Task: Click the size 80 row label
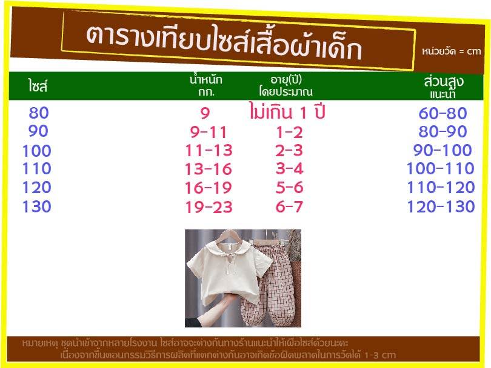(x=39, y=113)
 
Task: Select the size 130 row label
(x=37, y=206)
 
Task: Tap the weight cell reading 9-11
(x=209, y=133)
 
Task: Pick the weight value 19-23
(x=209, y=207)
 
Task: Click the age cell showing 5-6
(x=290, y=188)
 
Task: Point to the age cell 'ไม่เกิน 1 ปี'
(x=287, y=111)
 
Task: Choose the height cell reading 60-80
(x=443, y=113)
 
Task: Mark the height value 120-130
(x=441, y=206)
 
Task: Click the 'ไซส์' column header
(x=38, y=86)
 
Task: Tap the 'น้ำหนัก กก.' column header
(x=206, y=86)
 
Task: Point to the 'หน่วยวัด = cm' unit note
(x=451, y=51)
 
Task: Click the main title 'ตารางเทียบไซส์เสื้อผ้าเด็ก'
(x=224, y=42)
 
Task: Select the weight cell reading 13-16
(x=209, y=169)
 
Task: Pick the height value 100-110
(x=441, y=168)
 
